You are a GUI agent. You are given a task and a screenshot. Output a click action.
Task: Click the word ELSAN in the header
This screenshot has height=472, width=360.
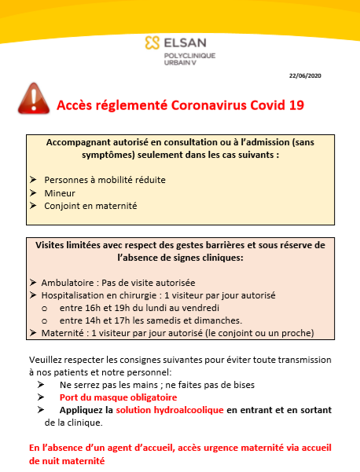pyautogui.click(x=182, y=43)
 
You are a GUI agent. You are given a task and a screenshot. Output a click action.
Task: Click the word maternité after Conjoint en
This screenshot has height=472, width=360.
pyautogui.click(x=116, y=206)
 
